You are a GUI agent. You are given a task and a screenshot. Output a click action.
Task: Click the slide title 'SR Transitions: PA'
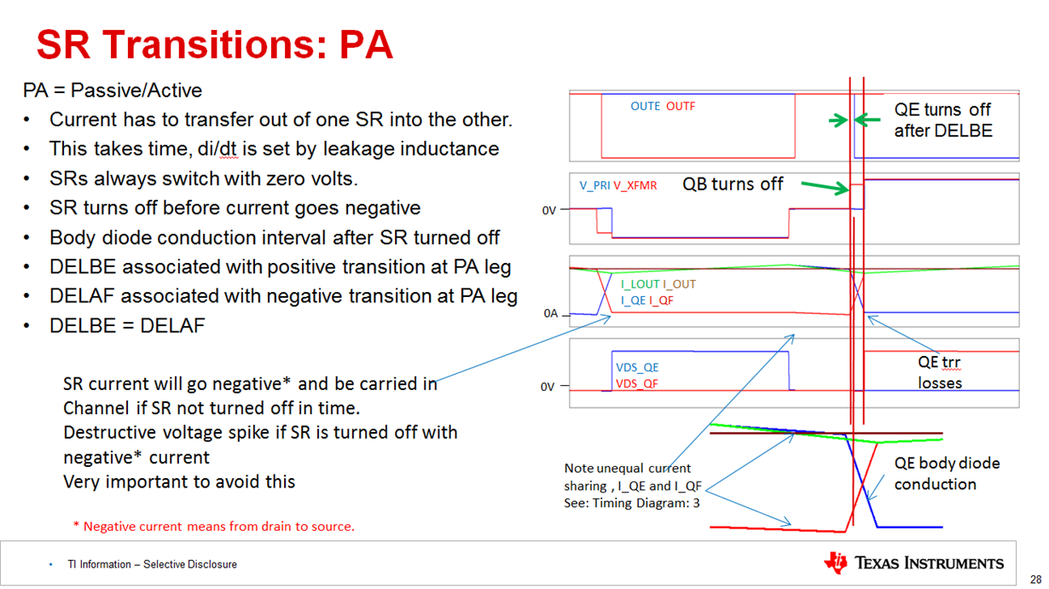click(x=214, y=44)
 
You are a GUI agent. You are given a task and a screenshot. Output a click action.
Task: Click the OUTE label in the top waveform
click(x=645, y=107)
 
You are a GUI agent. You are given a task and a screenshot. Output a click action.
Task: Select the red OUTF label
click(x=681, y=107)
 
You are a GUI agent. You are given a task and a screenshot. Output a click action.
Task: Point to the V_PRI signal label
click(x=594, y=185)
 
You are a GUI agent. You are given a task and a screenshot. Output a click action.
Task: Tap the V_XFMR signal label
click(x=635, y=185)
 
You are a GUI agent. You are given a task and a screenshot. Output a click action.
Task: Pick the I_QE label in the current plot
click(x=633, y=300)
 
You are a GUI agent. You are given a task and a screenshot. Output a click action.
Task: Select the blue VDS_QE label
click(x=637, y=367)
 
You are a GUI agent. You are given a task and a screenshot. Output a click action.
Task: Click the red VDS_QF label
click(x=637, y=384)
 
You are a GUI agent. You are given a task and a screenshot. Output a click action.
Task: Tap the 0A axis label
click(x=551, y=313)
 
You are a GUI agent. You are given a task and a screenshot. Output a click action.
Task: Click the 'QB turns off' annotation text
click(x=733, y=184)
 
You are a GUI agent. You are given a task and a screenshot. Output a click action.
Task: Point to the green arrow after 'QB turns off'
click(x=826, y=187)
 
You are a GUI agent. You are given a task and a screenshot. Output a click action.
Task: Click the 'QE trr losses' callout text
click(x=940, y=372)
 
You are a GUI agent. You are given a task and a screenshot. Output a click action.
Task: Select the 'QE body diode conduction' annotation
click(x=947, y=473)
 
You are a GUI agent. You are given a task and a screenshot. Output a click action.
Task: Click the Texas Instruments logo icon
click(x=836, y=563)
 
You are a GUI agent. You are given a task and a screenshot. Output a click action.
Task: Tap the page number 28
click(x=1035, y=580)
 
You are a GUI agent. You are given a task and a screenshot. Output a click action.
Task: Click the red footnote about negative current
click(x=214, y=527)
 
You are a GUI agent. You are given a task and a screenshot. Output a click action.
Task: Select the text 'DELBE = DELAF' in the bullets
click(x=127, y=326)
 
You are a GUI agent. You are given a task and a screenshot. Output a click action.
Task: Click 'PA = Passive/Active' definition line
click(x=113, y=90)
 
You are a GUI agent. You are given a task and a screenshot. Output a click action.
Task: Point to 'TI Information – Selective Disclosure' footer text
click(x=152, y=564)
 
